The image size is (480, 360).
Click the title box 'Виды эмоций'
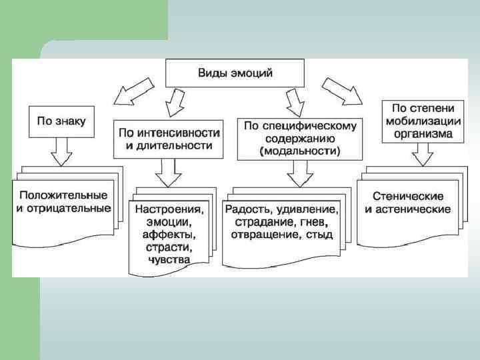[235, 72]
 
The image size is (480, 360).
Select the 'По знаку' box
[61, 121]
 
